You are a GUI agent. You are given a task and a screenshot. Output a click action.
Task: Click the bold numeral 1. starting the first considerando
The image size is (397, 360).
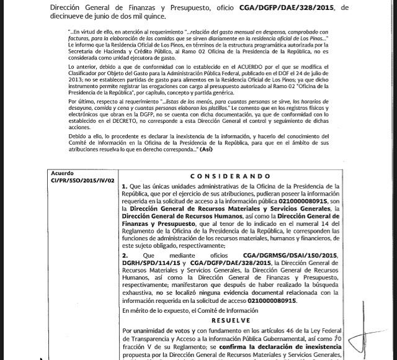click(x=125, y=186)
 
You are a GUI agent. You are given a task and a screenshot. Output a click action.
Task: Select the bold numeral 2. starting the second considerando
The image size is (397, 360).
click(x=125, y=255)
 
